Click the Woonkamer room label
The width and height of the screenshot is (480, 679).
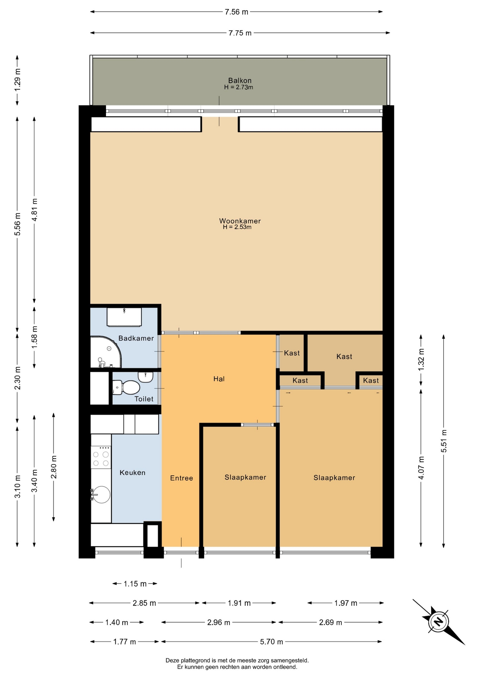click(x=240, y=221)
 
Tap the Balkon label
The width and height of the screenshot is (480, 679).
click(x=240, y=81)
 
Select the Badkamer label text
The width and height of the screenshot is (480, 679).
click(x=136, y=338)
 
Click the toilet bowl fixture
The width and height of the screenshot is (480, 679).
click(x=126, y=387)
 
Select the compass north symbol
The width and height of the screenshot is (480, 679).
click(x=439, y=621)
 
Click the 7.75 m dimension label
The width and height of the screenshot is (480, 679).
click(x=240, y=33)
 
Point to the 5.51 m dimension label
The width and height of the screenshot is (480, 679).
click(x=444, y=441)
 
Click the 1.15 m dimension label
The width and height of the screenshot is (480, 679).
click(x=135, y=584)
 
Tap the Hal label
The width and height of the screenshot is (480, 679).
click(x=219, y=379)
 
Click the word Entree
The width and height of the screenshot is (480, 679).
click(x=182, y=478)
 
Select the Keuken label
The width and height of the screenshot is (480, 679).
click(x=133, y=472)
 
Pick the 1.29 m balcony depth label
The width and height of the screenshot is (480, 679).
click(x=17, y=80)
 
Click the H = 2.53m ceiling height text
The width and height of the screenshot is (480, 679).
click(x=237, y=227)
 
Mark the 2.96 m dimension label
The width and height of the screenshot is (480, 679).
click(x=219, y=622)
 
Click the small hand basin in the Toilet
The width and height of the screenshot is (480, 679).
click(x=145, y=377)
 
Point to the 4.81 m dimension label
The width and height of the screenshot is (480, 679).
click(x=35, y=210)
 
